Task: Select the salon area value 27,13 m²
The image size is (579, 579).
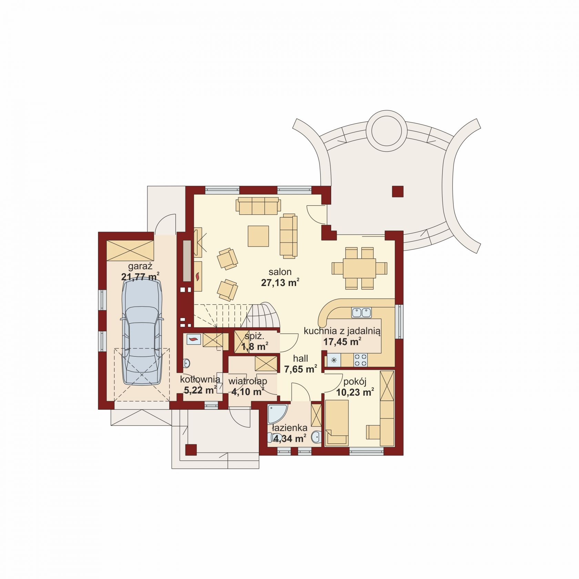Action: tap(280, 283)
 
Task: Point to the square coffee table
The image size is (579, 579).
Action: tap(258, 236)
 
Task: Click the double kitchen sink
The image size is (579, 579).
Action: tap(361, 312)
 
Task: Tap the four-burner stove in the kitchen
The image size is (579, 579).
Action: tap(360, 360)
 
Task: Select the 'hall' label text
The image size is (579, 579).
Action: tap(301, 358)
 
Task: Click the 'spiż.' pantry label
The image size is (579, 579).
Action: tap(254, 336)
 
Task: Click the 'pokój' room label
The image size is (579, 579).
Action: tap(355, 382)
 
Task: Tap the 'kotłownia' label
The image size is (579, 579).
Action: tap(200, 379)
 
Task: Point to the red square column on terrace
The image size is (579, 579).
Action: tap(397, 192)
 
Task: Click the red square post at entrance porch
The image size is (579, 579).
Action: tap(191, 450)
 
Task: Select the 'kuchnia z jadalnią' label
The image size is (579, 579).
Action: tap(342, 331)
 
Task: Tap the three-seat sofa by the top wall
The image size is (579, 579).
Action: tap(258, 206)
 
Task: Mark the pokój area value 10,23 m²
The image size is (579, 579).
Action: tap(355, 392)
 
